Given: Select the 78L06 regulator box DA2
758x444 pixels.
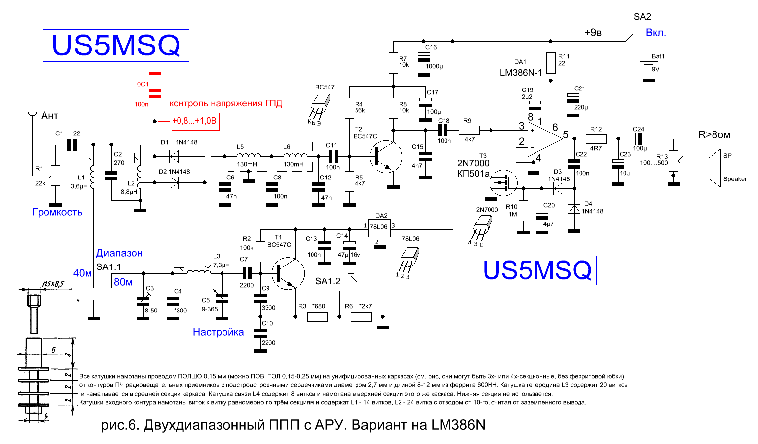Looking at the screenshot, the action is [x=379, y=227].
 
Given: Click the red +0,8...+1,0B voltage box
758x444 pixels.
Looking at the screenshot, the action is [x=195, y=121].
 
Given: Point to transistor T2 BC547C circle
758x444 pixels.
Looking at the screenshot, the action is [x=386, y=157].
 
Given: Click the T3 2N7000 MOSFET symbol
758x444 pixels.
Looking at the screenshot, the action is [x=503, y=183].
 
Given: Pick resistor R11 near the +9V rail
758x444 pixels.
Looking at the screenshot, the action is [x=551, y=63].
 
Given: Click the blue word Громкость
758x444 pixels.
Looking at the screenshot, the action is [x=57, y=212].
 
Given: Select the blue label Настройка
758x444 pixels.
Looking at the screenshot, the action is [x=218, y=332].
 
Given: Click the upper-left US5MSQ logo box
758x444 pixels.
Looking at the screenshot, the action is [x=116, y=45].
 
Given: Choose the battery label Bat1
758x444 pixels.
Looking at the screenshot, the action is [x=658, y=56].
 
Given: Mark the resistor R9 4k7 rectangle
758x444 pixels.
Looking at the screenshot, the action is [x=469, y=131].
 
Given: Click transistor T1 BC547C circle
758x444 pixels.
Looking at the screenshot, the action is [x=288, y=273].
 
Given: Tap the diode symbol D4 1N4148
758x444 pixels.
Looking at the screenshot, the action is [x=574, y=209].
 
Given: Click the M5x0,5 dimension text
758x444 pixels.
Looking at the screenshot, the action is [x=52, y=284].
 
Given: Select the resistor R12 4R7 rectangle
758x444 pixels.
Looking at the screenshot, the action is [x=596, y=139].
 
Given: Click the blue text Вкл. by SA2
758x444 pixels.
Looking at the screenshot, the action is [x=656, y=33].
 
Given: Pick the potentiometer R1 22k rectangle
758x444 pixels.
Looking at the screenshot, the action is [x=55, y=176].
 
